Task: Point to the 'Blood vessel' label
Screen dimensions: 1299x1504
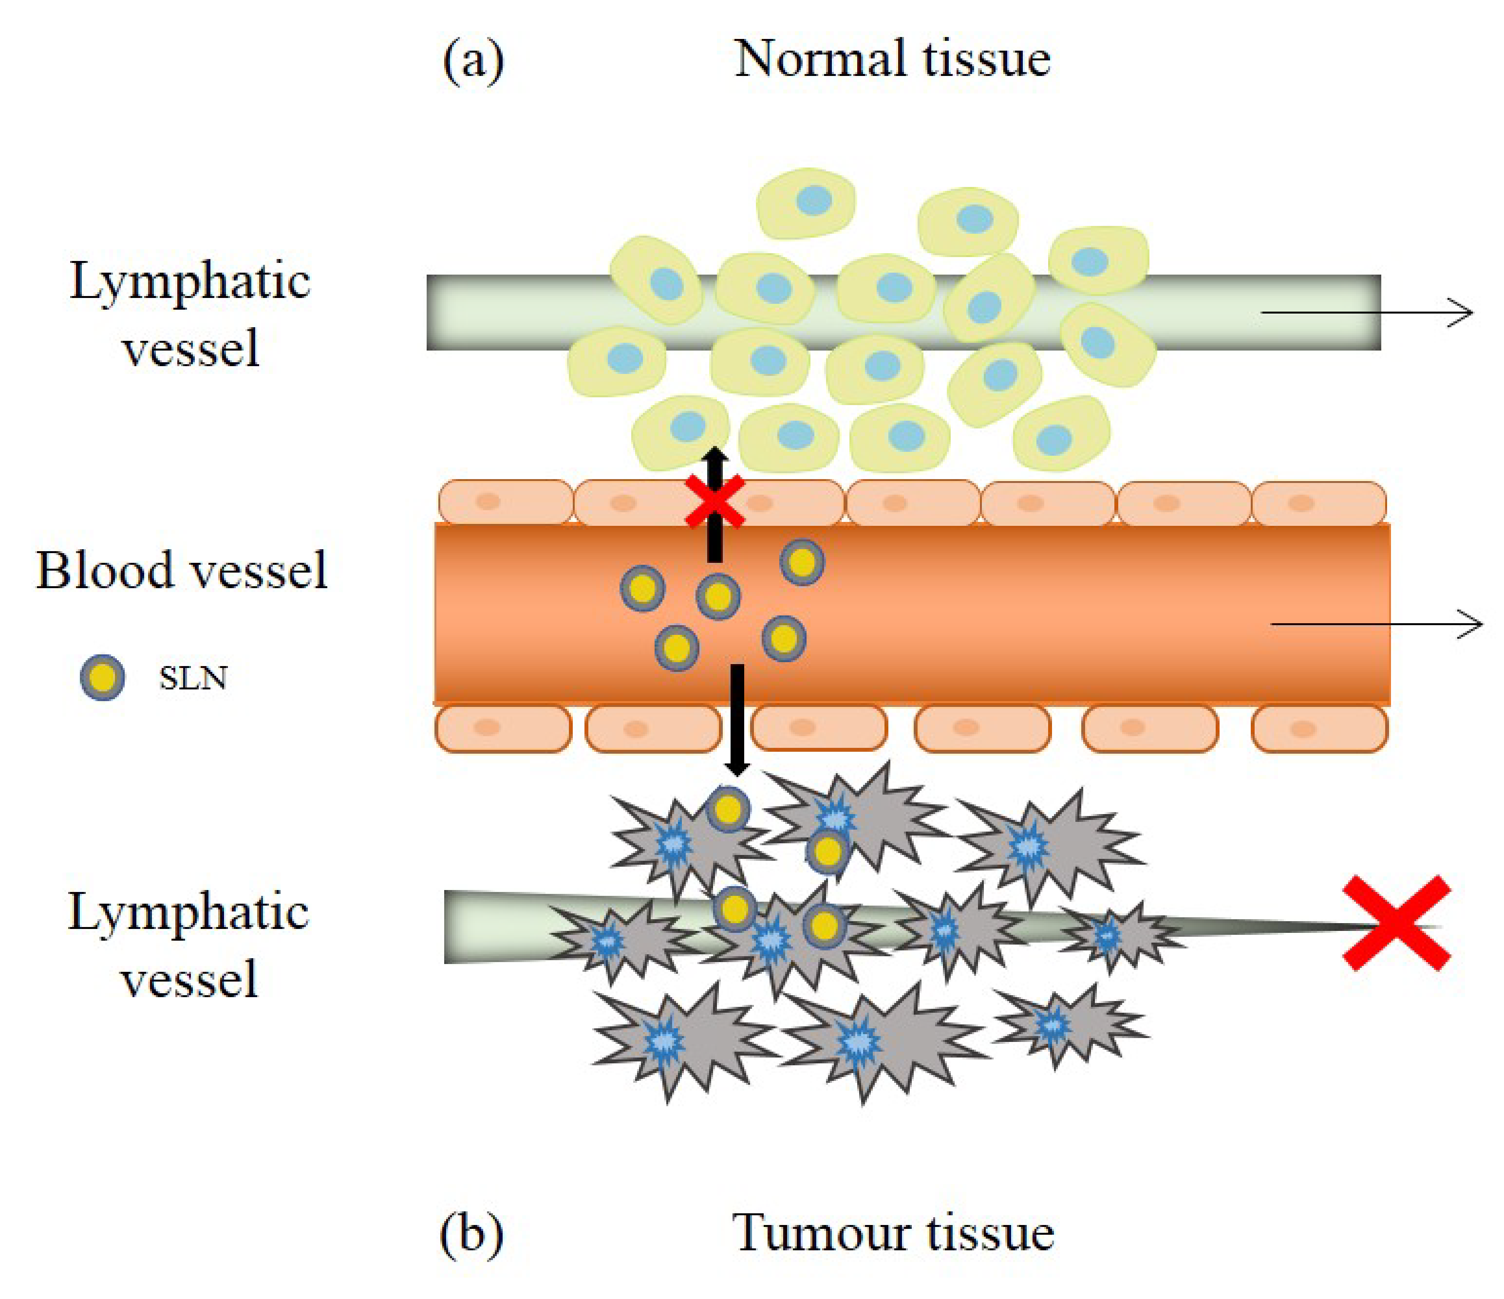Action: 182,571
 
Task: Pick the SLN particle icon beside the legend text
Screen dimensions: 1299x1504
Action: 102,678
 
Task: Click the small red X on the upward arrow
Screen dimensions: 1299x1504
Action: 715,501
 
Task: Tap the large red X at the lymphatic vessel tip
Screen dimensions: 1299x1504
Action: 1396,923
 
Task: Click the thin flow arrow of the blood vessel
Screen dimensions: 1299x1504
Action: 1375,624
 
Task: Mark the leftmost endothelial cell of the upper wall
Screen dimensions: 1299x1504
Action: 505,502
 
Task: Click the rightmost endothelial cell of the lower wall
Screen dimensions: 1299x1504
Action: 1319,728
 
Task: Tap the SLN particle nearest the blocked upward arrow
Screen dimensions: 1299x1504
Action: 718,596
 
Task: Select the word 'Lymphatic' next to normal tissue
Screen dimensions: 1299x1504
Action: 190,281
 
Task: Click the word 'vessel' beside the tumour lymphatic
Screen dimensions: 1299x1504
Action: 189,979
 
